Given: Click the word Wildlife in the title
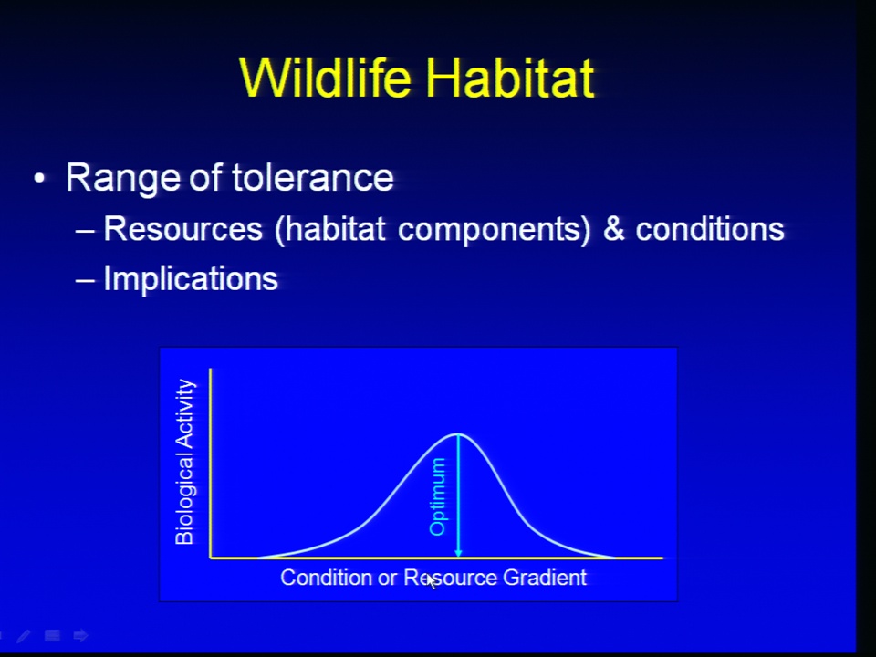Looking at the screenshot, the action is [325, 78].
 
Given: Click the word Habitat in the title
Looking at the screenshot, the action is [509, 78].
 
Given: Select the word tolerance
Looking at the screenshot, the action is [312, 178].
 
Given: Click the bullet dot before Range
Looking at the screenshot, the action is [39, 179].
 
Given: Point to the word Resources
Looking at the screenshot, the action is [183, 228].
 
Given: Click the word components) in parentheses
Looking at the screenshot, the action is [494, 230].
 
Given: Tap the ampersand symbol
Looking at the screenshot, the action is [613, 229].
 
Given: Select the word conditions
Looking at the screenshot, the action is [710, 229].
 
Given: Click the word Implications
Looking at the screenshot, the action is [191, 278].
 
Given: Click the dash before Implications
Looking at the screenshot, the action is [85, 280].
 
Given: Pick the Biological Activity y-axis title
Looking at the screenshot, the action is [185, 462].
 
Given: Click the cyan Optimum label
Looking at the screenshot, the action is [437, 496].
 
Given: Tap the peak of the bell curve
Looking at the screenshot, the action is [458, 433].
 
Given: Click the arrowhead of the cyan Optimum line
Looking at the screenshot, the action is [458, 553].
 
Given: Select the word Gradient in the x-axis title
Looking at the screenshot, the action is [545, 578].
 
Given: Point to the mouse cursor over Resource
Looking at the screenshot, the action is [432, 581].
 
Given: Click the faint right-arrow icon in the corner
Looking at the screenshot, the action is [81, 635].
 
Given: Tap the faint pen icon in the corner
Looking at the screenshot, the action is [24, 636].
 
